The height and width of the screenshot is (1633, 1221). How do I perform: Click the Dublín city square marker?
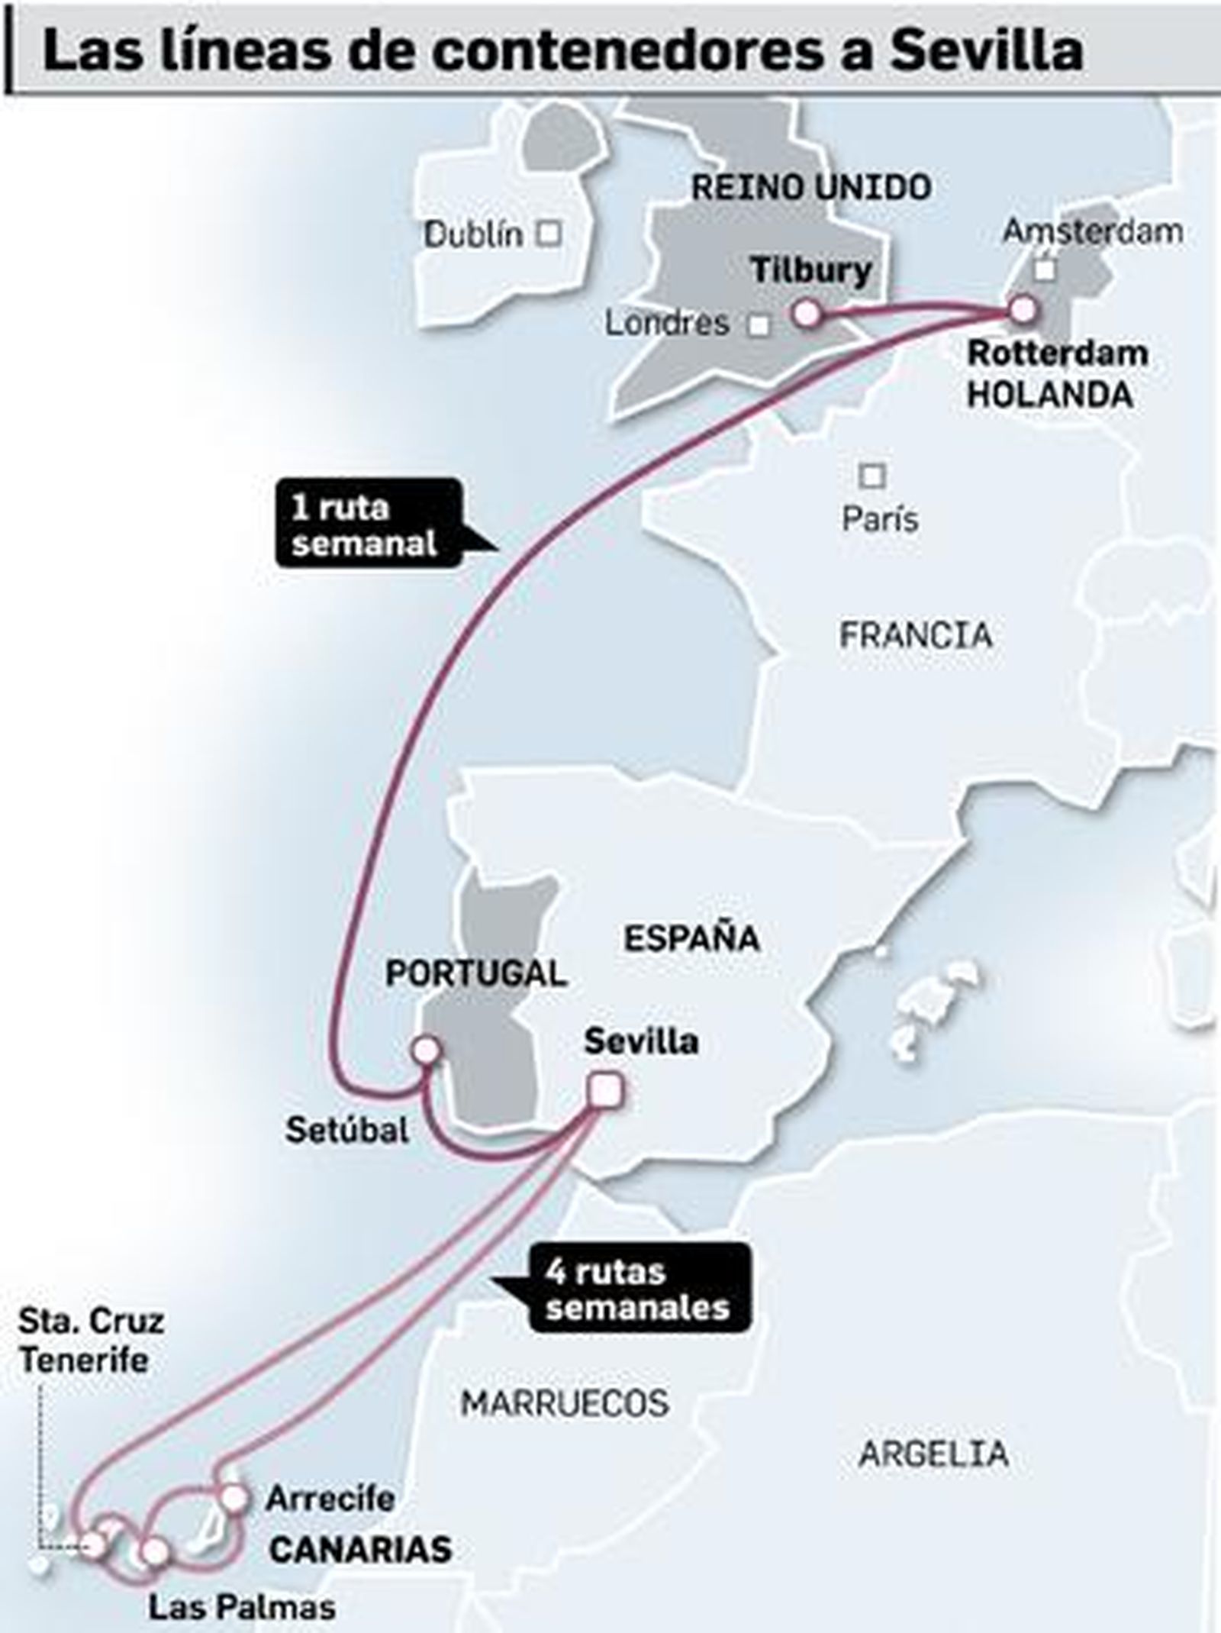point(549,233)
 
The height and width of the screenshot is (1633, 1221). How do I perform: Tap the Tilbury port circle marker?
point(807,313)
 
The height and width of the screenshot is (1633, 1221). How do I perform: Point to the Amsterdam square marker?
point(1045,269)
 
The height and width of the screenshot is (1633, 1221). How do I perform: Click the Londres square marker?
point(758,326)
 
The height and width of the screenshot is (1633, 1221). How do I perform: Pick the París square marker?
point(872,476)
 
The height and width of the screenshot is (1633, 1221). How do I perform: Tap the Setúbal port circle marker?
point(426,1050)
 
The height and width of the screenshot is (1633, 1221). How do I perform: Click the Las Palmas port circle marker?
point(155,1550)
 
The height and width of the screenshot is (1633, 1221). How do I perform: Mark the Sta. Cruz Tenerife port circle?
point(93,1544)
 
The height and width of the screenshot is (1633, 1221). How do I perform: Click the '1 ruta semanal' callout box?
point(367,524)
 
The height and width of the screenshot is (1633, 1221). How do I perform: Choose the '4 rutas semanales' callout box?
point(638,1289)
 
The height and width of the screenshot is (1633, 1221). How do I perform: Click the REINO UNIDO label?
point(811,188)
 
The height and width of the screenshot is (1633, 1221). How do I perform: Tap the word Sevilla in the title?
point(986,52)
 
